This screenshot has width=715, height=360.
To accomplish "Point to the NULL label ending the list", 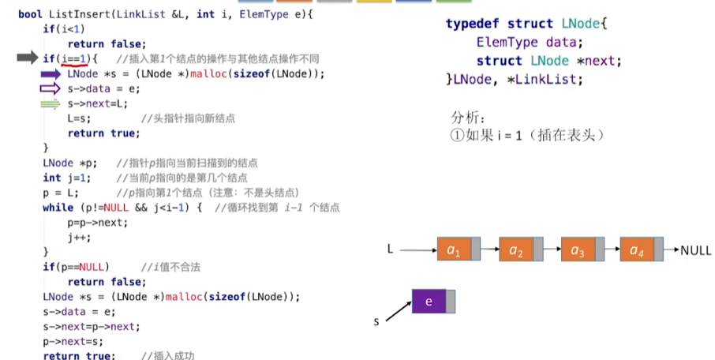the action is [695, 250].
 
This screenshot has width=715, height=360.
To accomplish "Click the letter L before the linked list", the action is [390, 249].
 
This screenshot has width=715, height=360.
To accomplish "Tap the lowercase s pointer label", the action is [377, 321].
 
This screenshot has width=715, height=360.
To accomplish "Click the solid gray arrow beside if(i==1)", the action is [28, 58].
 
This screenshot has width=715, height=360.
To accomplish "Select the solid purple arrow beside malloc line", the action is [51, 73].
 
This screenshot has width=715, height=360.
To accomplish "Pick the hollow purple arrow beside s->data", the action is [51, 88].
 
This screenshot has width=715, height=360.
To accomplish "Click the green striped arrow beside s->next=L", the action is [51, 103].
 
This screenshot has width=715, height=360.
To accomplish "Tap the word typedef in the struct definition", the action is [468, 24].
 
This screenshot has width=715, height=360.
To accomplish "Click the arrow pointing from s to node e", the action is [398, 309].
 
